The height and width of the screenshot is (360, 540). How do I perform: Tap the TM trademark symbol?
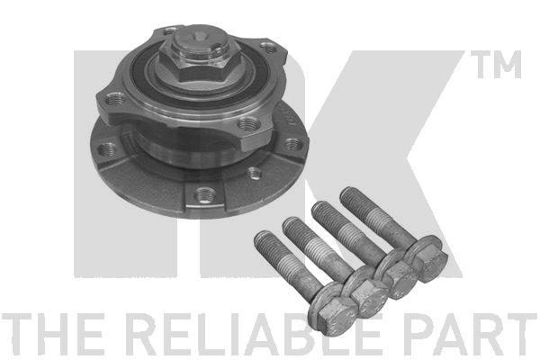pos(496,65)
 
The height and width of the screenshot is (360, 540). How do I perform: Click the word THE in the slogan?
pos(52,334)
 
